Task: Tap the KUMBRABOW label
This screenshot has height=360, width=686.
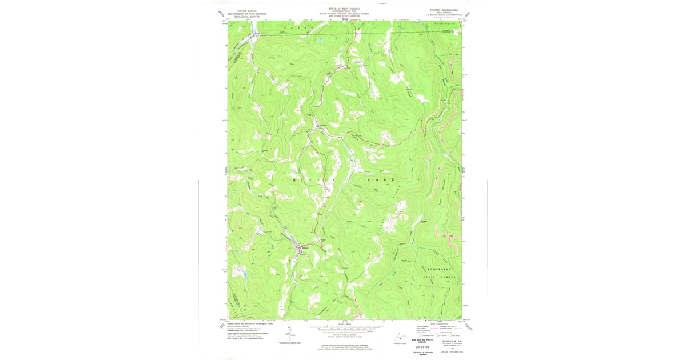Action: coord(437,268)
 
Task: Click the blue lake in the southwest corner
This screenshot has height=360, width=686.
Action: coord(242,275)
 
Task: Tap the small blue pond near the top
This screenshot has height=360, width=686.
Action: coord(318,41)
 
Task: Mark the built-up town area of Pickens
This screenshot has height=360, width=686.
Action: coord(300,247)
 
